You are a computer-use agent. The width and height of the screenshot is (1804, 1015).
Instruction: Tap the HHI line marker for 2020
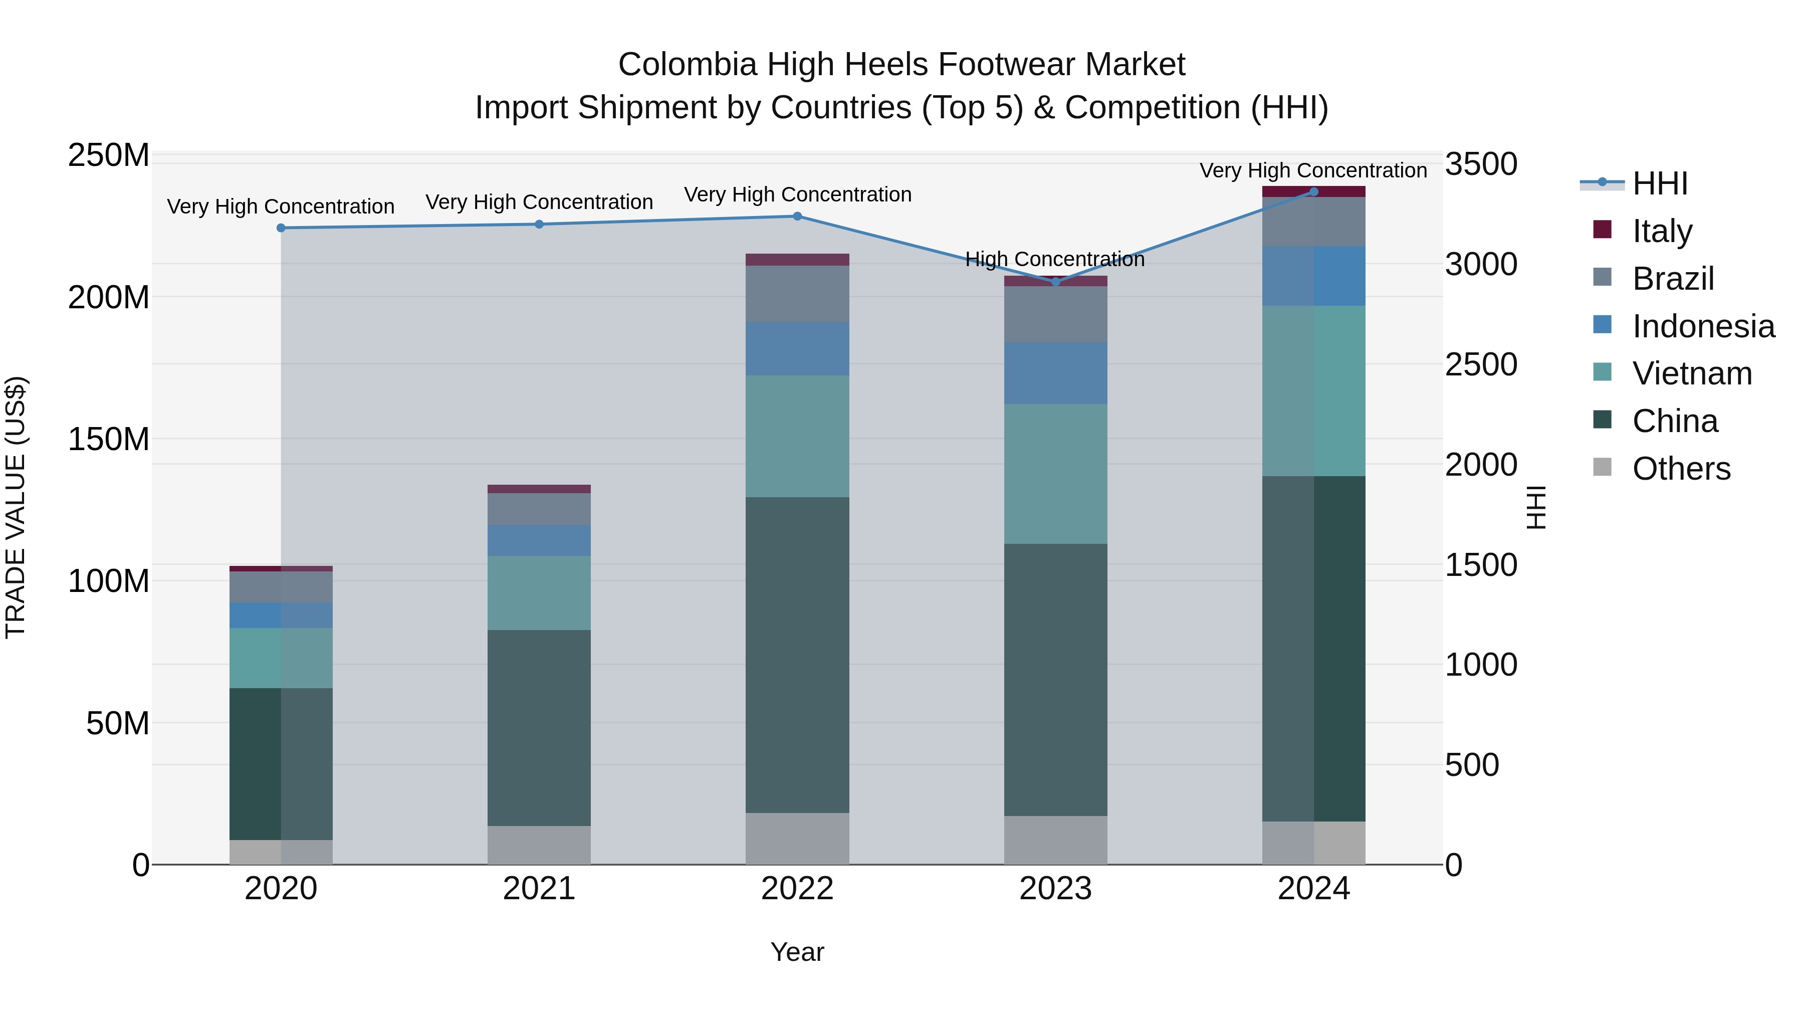(x=281, y=228)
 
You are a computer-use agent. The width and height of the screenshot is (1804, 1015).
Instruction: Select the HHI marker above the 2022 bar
(x=797, y=217)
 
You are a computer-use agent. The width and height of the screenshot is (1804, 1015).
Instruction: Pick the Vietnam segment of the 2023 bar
(x=1055, y=474)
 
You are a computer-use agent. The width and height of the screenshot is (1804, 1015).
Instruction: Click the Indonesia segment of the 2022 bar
(x=797, y=349)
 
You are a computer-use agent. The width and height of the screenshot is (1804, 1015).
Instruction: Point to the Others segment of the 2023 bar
(x=1055, y=840)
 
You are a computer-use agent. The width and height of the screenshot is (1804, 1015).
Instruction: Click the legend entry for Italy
(x=1661, y=231)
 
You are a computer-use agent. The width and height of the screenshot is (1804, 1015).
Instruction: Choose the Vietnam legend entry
(x=1691, y=373)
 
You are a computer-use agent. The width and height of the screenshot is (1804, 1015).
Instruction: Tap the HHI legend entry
(x=1659, y=183)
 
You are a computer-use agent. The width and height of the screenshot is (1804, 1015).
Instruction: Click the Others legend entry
(x=1680, y=469)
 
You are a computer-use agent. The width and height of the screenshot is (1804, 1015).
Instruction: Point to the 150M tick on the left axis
(x=109, y=439)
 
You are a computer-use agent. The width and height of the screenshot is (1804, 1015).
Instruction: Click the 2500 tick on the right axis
(x=1480, y=364)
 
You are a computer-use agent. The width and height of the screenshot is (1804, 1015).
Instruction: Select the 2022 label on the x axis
(x=797, y=889)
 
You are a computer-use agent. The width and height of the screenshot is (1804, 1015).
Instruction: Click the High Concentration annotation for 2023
(x=1055, y=259)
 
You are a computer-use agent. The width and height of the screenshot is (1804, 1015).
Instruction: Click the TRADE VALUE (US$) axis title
(x=16, y=507)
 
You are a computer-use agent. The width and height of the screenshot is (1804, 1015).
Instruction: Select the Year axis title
(x=797, y=952)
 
